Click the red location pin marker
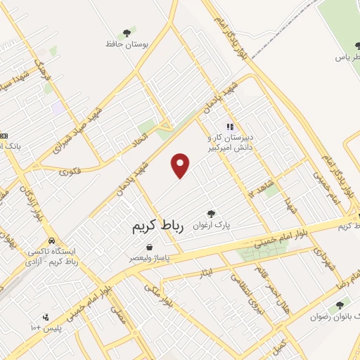(x=181, y=165)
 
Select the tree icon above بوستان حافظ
(x=127, y=32)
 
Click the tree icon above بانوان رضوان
(x=340, y=305)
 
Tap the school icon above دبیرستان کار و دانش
(x=229, y=127)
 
